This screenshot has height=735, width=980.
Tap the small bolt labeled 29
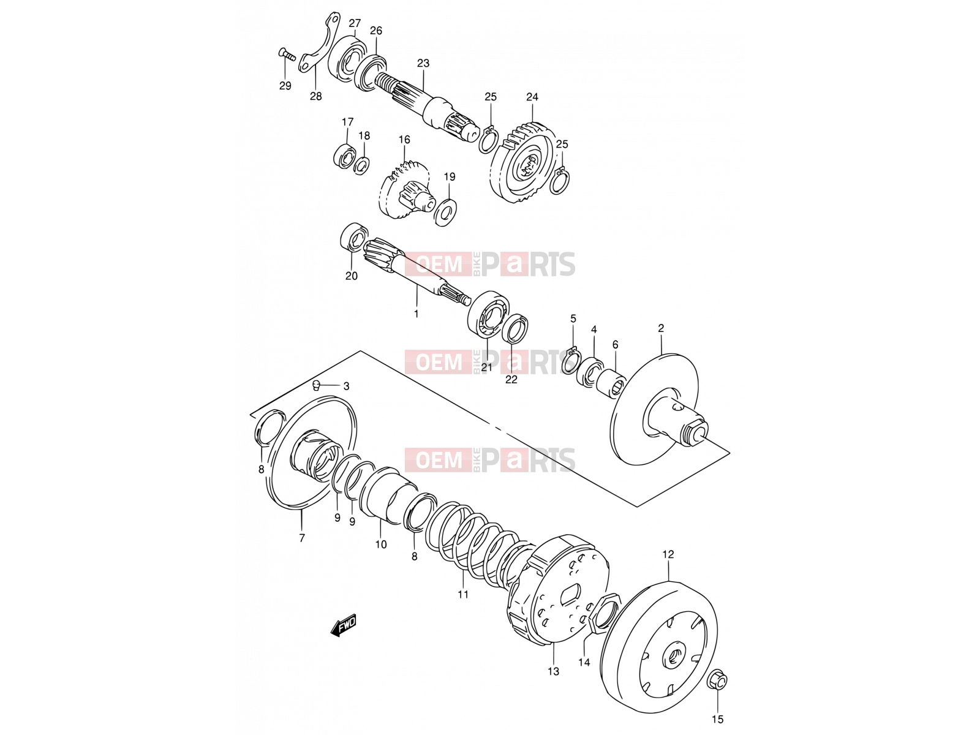pos(287,55)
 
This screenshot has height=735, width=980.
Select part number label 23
pos(423,63)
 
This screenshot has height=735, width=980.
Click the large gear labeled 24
pos(524,163)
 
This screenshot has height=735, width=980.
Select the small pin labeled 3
pos(315,384)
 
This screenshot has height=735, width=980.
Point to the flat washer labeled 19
pos(445,211)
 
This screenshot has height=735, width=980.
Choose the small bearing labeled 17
pos(344,156)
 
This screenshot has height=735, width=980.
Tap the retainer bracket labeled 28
pos(319,43)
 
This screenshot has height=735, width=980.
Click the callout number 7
pos(302,538)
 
